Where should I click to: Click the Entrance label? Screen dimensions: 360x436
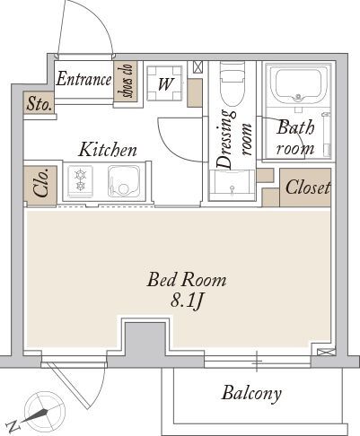(83, 79)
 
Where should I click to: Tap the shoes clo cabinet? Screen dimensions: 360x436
(126, 82)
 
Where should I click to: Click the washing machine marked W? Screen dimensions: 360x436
(164, 83)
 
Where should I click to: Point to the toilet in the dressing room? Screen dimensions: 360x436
(233, 83)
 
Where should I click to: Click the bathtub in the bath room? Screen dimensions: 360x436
(298, 84)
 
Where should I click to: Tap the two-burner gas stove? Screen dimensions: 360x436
(80, 181)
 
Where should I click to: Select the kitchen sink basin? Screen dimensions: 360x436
(124, 181)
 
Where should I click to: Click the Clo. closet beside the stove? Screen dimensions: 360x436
(40, 186)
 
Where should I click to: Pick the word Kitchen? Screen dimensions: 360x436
(108, 150)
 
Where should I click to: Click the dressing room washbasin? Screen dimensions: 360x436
(232, 186)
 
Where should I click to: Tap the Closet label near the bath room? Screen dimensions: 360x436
(308, 187)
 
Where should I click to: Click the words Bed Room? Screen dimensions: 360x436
(187, 280)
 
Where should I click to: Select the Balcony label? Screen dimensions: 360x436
(251, 393)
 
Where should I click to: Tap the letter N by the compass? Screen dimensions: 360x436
(13, 426)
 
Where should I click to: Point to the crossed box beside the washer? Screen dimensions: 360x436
(198, 66)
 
